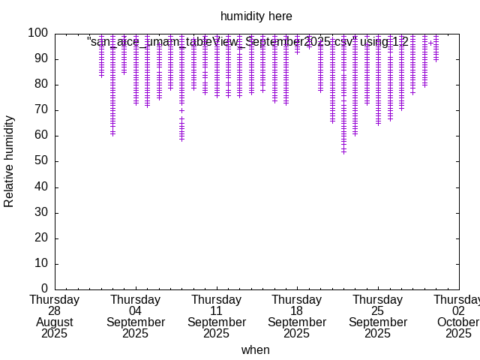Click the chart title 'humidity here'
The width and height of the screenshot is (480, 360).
point(256,16)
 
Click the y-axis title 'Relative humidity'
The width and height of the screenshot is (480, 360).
point(10,161)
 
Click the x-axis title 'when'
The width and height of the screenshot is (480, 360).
point(255,349)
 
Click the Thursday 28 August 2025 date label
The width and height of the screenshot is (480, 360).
point(55,316)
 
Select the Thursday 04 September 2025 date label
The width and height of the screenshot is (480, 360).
point(136,316)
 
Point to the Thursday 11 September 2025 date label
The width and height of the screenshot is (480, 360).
point(216,316)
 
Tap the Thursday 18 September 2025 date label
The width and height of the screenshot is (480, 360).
point(297,316)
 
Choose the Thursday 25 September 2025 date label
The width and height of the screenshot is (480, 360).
point(377,316)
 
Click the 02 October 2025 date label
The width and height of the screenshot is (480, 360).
point(458,316)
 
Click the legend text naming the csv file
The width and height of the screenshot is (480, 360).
point(247,42)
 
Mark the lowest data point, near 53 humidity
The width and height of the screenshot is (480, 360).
point(343,152)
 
